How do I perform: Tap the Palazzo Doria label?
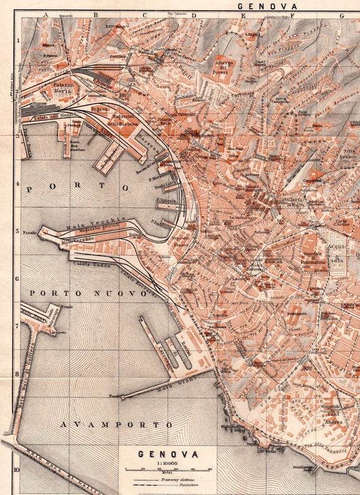click(x=63, y=88)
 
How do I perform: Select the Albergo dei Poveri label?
click(x=222, y=68)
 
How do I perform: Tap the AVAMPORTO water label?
click(x=117, y=424)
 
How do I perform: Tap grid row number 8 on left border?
click(x=17, y=374)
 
